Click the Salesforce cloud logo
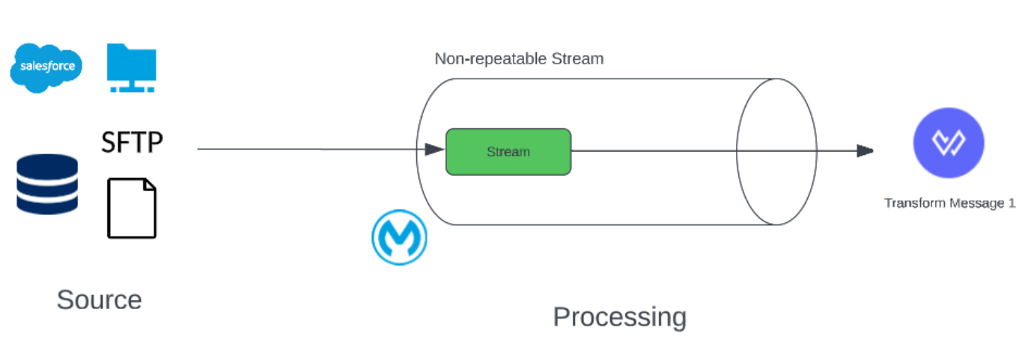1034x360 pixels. [x=46, y=67]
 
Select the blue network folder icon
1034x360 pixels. [x=131, y=67]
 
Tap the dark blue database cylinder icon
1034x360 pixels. [x=46, y=184]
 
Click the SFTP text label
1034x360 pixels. [x=132, y=141]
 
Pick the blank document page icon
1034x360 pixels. [x=132, y=208]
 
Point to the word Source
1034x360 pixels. [x=99, y=300]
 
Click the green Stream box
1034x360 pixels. [x=508, y=152]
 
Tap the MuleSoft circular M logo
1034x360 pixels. [x=399, y=237]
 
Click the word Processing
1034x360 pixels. [x=619, y=317]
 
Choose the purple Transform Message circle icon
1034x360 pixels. [x=949, y=143]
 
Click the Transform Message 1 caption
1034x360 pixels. [x=949, y=204]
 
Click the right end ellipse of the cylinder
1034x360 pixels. [x=776, y=152]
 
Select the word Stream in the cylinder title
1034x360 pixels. [x=578, y=58]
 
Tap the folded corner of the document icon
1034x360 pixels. [x=149, y=186]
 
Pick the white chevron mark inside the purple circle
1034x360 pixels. [x=949, y=143]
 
